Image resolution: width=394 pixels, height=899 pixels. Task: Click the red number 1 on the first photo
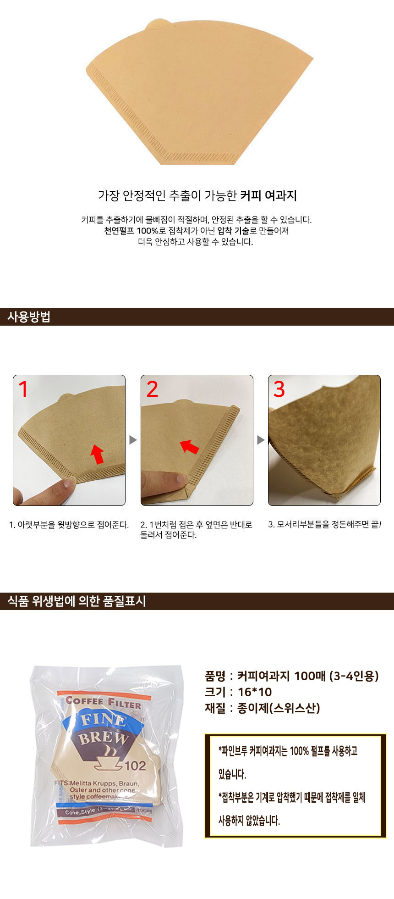[x=23, y=389]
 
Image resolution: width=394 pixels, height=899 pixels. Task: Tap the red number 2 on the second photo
[x=152, y=389]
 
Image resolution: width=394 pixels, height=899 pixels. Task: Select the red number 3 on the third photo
[x=279, y=389]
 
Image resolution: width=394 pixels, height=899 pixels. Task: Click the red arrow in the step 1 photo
[x=97, y=454]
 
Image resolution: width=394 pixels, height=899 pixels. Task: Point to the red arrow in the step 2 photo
[x=189, y=446]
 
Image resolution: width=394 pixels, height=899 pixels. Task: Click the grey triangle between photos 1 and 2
[x=133, y=440]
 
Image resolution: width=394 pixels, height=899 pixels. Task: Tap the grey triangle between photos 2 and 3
[x=261, y=440]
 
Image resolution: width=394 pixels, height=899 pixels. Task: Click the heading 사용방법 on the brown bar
[x=28, y=317]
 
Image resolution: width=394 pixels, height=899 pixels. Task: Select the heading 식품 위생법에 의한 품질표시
[x=77, y=601]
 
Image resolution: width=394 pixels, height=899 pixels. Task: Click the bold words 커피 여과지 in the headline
[x=268, y=196]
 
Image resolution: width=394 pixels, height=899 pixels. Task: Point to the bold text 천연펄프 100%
[x=131, y=231]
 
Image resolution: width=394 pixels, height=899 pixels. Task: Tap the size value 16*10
[x=255, y=692]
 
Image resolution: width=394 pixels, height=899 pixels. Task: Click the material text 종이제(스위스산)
[x=279, y=708]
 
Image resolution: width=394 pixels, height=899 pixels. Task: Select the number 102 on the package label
[x=135, y=766]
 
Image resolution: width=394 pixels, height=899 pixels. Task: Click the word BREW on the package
[x=103, y=738]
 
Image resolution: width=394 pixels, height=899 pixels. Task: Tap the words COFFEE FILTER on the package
[x=103, y=702]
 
